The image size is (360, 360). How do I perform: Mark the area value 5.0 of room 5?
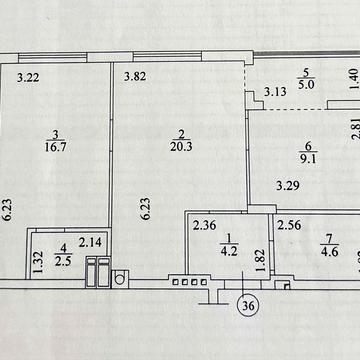(x=308, y=84)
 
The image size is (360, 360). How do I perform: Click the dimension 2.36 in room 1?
(x=206, y=225)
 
